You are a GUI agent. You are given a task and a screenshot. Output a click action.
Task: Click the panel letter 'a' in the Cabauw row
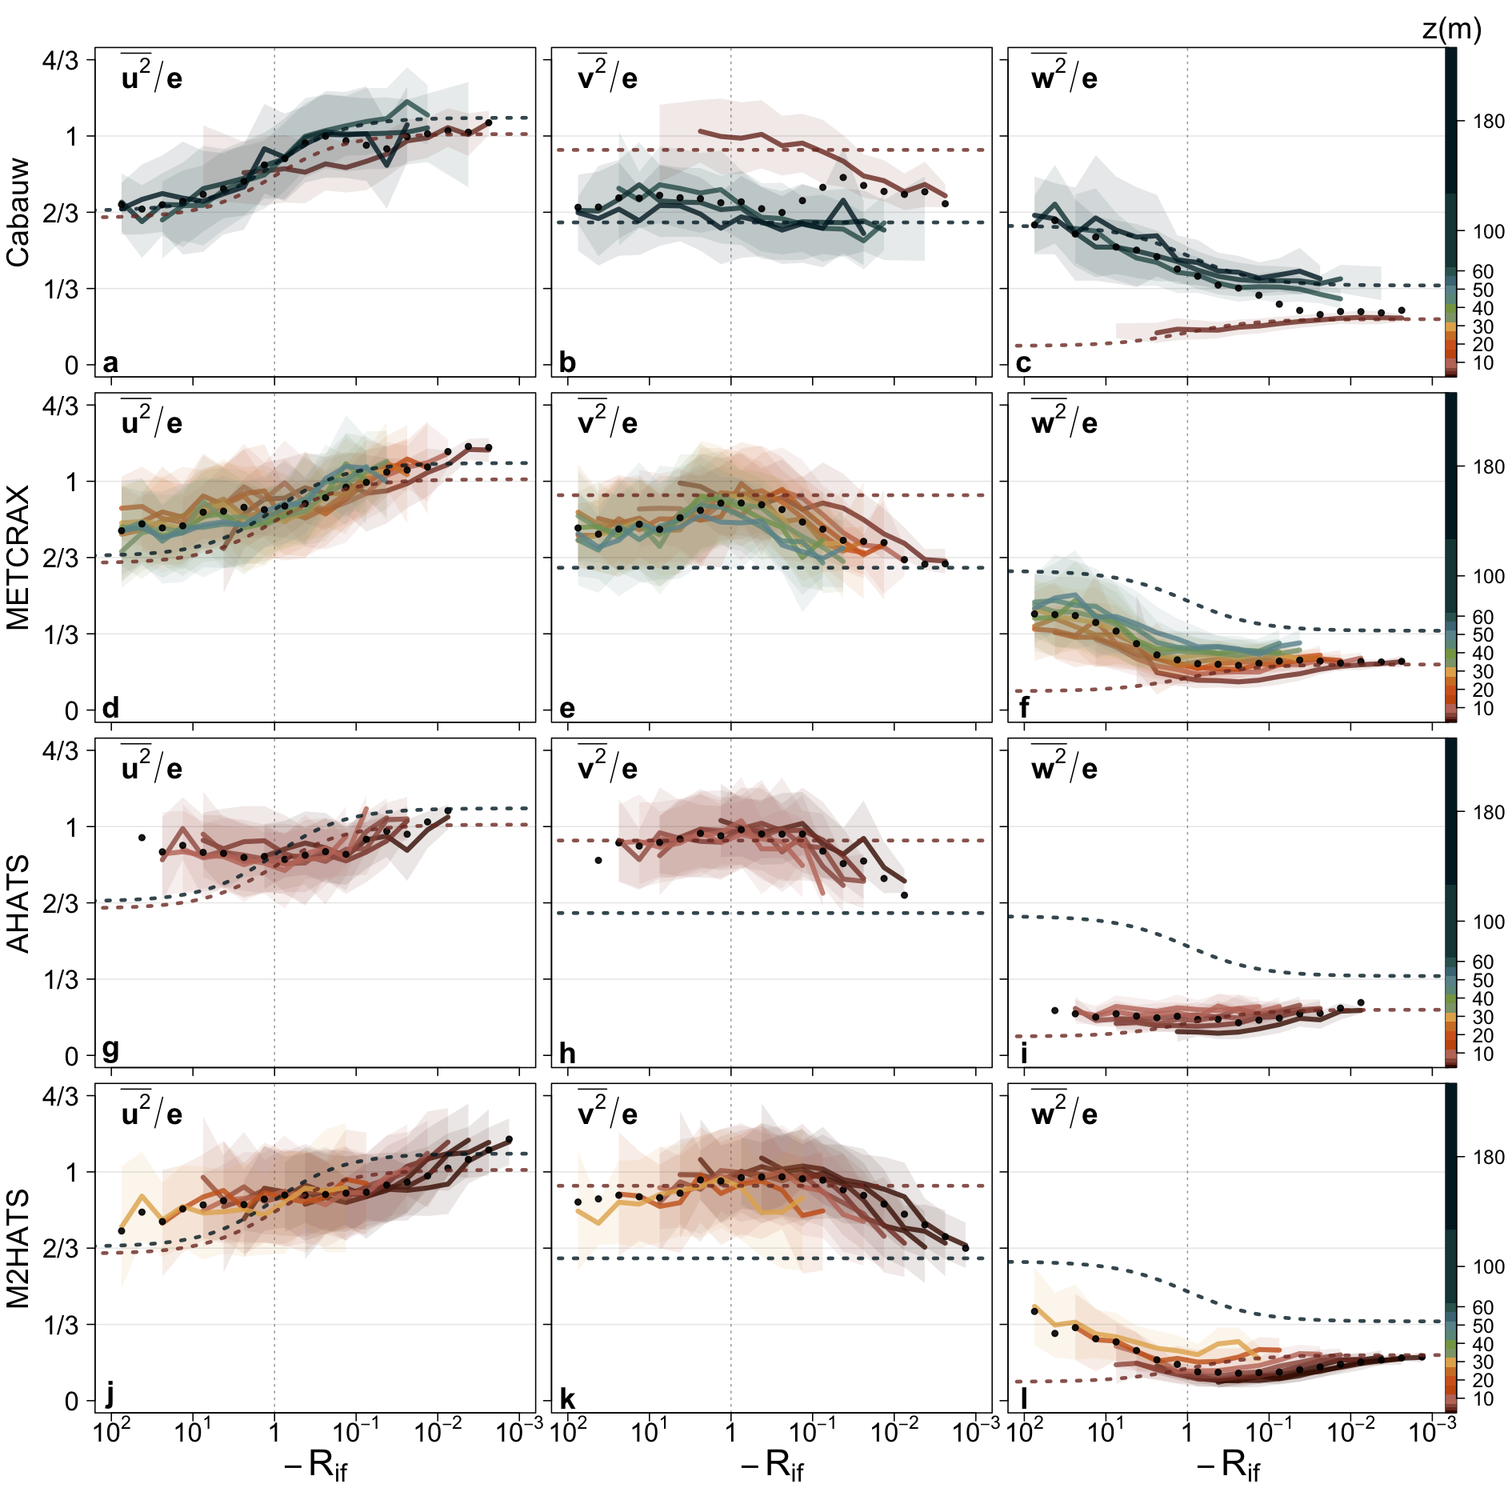click(x=110, y=362)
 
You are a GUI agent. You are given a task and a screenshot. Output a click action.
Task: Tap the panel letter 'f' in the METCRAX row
click(x=1024, y=707)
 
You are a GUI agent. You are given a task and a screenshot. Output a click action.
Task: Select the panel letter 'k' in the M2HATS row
click(x=567, y=1398)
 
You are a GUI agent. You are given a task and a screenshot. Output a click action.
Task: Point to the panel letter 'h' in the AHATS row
click(x=567, y=1053)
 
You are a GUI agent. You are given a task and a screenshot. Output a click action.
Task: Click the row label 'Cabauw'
click(x=18, y=212)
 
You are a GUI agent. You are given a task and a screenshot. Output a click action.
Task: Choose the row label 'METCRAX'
click(x=18, y=558)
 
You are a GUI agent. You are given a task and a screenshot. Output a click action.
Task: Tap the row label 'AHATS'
click(x=18, y=903)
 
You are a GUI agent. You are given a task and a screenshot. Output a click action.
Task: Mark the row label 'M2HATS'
click(x=18, y=1248)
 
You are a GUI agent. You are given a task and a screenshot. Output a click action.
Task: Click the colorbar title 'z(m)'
click(x=1451, y=30)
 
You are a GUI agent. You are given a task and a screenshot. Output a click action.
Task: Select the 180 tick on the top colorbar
click(x=1488, y=122)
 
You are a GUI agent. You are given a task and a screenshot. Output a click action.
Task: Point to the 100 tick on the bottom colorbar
click(x=1488, y=1266)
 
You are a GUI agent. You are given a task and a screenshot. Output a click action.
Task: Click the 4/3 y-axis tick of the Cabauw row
click(x=61, y=61)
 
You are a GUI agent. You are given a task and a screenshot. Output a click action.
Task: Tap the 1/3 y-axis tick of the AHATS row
click(x=61, y=979)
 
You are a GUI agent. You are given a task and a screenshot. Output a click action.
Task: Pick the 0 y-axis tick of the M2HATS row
click(x=72, y=1401)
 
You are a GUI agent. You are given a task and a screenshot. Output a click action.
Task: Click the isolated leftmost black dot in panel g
click(x=142, y=838)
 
